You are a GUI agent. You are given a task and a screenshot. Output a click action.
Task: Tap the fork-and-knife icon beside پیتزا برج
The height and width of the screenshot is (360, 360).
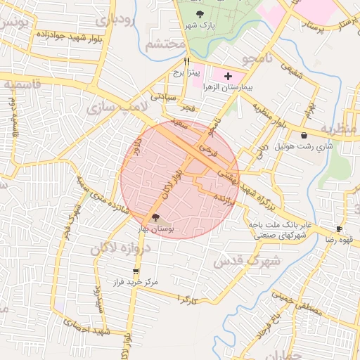[186, 61]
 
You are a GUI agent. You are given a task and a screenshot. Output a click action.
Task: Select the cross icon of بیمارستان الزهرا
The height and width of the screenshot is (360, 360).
[228, 75]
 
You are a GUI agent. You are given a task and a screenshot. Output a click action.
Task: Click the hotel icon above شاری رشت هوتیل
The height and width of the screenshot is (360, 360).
[304, 136]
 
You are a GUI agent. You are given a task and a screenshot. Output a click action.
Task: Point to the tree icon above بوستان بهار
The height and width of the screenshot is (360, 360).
[156, 217]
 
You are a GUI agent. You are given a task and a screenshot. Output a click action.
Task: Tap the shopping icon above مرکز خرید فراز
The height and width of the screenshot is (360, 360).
[136, 271]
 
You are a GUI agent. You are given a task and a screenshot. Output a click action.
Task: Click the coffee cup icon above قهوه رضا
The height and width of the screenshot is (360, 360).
[339, 229]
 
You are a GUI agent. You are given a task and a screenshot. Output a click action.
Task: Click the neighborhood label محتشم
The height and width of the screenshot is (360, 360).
[165, 44]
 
